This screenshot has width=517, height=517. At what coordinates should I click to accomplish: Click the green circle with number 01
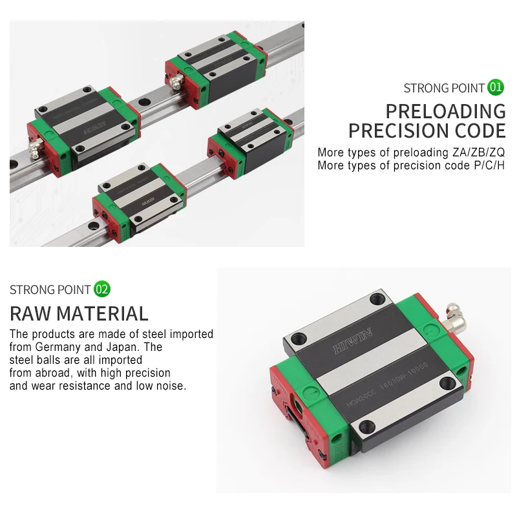(496, 87)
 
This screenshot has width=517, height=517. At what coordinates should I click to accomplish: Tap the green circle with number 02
(102, 289)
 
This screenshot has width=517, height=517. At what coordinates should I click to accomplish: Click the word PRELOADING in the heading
(445, 111)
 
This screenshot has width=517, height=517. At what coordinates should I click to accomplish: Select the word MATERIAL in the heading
(102, 314)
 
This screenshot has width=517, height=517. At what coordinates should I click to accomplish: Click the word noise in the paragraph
(171, 386)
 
